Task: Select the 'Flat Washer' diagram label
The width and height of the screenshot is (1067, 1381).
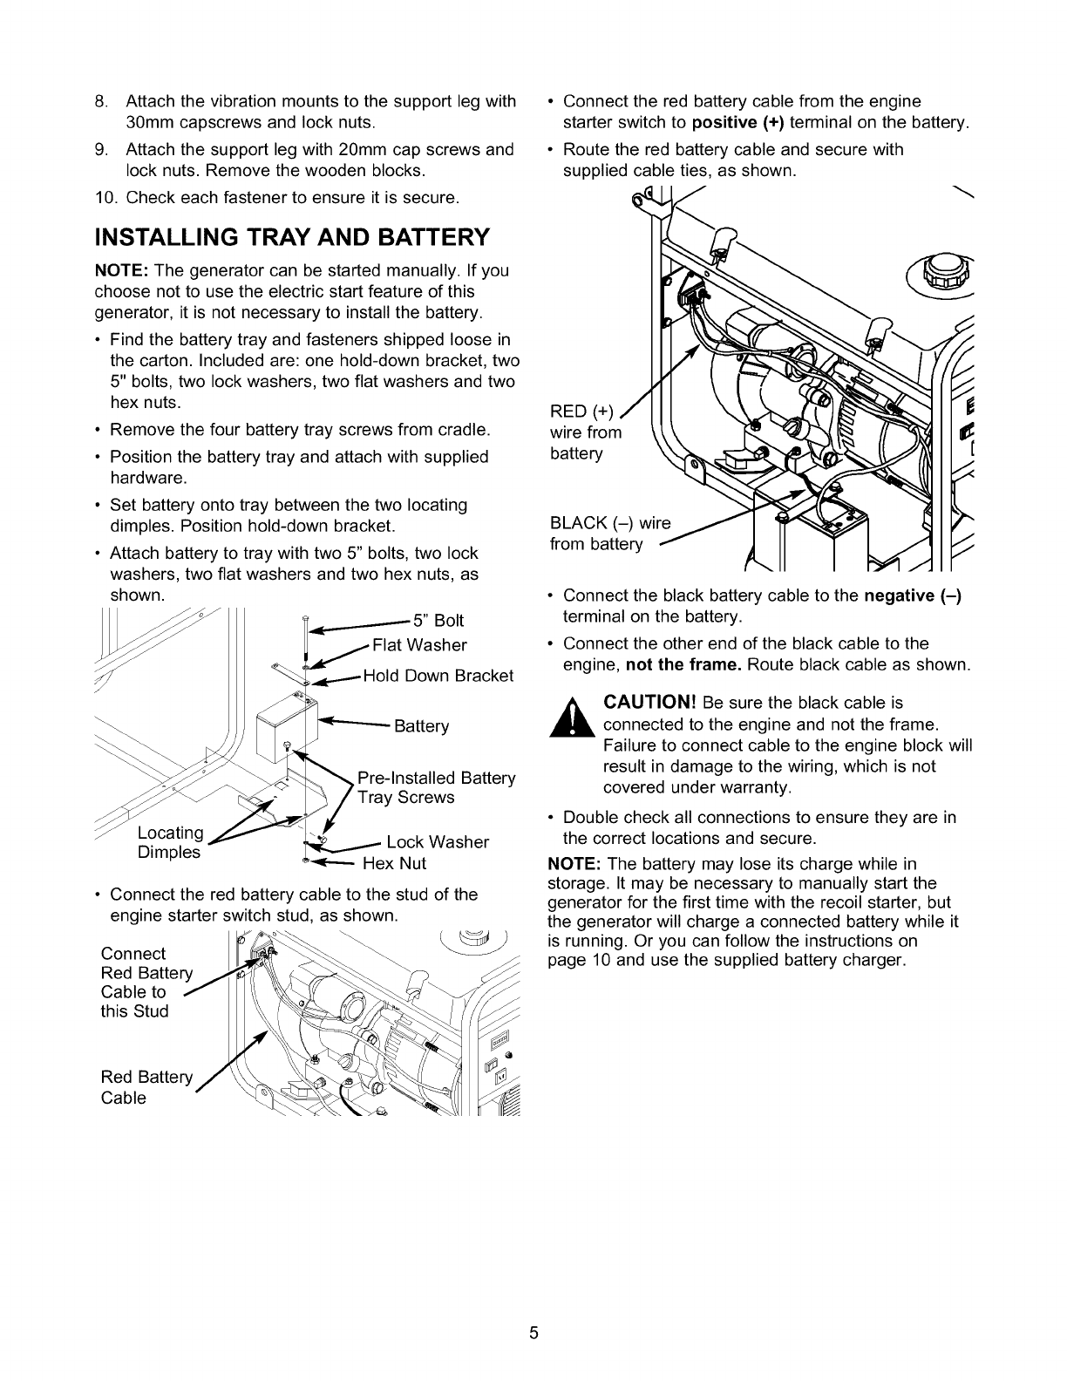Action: tap(419, 645)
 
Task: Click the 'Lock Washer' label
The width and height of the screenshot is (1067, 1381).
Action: tap(438, 842)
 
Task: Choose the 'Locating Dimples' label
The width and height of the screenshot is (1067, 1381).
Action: tap(170, 842)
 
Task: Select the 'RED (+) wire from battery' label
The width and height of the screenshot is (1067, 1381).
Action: tap(586, 432)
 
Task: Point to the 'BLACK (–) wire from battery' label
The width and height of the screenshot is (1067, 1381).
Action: tap(609, 534)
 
